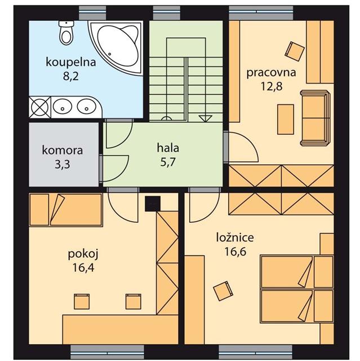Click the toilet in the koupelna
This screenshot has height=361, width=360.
[x=66, y=33]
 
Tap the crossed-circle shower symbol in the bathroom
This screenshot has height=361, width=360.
[x=39, y=107]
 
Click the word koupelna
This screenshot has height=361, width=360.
[x=71, y=63]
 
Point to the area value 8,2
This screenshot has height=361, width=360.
[x=71, y=76]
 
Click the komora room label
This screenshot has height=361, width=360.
[x=63, y=151]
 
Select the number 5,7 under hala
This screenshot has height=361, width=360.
[x=168, y=162]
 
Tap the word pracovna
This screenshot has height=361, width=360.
[x=271, y=73]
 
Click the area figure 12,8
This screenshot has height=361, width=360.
[x=272, y=86]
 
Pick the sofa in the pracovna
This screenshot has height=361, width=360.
[x=315, y=118]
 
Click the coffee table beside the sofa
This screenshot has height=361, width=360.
[x=286, y=119]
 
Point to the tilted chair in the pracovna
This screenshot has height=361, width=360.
[x=295, y=51]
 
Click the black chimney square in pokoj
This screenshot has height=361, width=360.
[x=153, y=204]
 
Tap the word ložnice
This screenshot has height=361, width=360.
[x=235, y=237]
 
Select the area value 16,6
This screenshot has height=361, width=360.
[x=235, y=252]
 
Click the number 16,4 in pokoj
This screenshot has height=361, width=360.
[x=83, y=267]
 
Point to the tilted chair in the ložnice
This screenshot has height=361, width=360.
[x=223, y=291]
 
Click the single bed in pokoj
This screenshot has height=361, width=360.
[x=66, y=210]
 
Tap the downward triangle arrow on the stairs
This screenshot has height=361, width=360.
[x=205, y=118]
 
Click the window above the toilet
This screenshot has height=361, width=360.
[x=92, y=13]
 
